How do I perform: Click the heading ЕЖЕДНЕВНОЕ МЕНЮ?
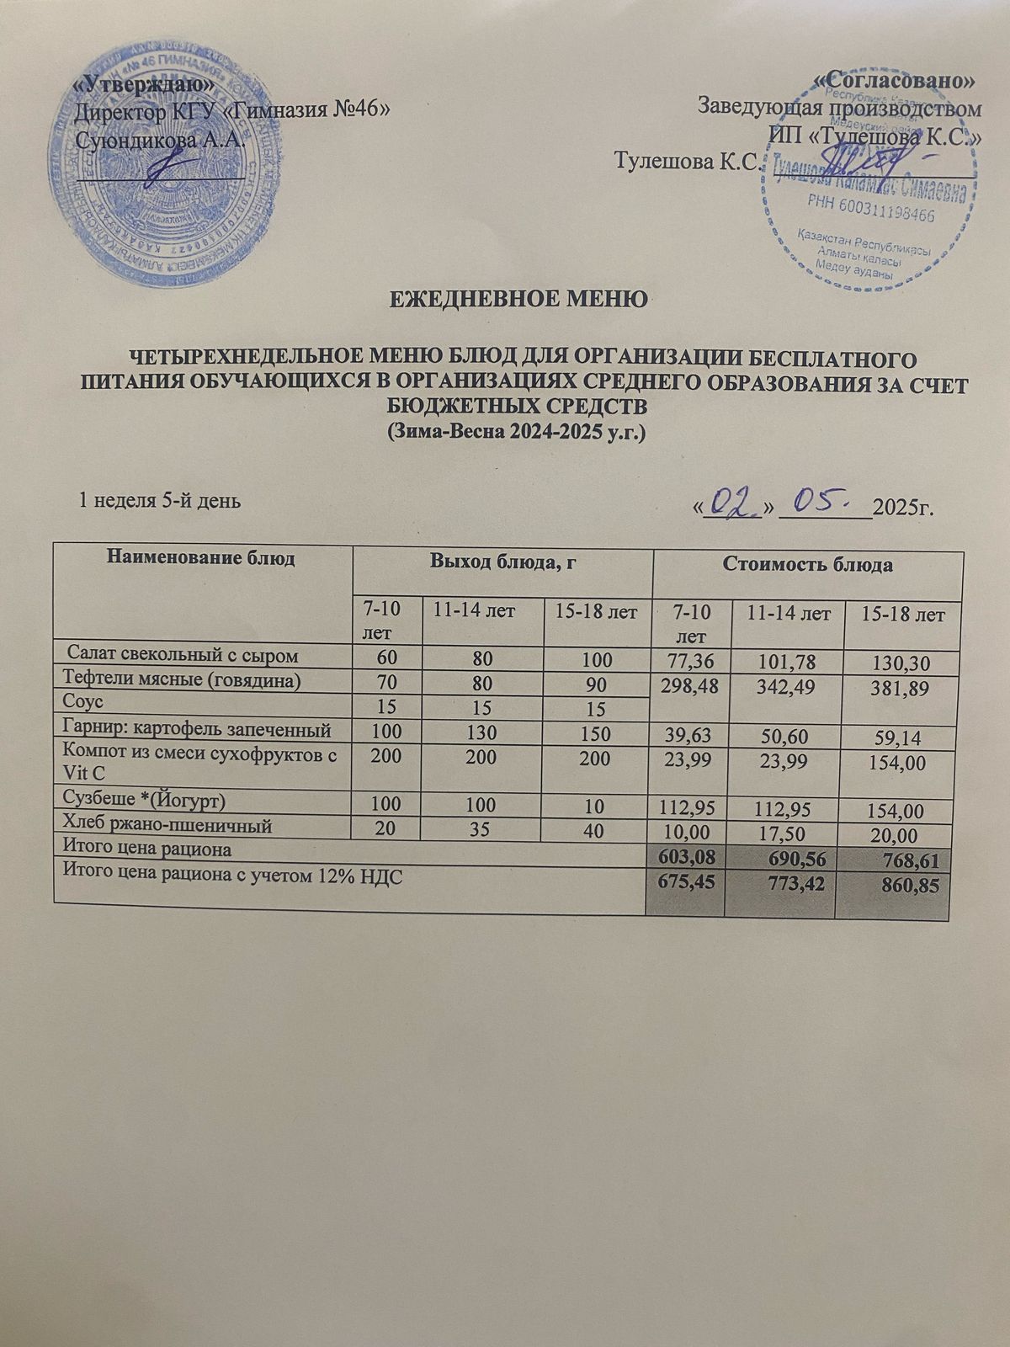(518, 300)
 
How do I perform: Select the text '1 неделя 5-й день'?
(159, 502)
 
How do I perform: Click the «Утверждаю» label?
(143, 85)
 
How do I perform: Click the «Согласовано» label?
(897, 82)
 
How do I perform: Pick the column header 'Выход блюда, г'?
(502, 563)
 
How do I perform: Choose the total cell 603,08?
(685, 857)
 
